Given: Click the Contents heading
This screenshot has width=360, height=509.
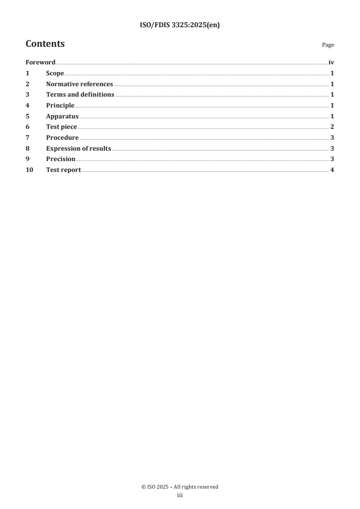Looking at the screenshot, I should [45, 44].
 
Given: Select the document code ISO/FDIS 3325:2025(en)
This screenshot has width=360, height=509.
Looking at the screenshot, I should [180, 25].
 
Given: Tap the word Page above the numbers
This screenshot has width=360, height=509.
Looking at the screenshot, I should [328, 45].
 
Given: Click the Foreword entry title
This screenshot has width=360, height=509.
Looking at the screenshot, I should [40, 63].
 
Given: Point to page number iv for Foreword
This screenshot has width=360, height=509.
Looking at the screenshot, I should [331, 63].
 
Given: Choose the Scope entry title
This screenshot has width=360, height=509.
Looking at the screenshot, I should [55, 73].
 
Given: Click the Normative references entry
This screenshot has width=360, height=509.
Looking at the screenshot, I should [79, 84].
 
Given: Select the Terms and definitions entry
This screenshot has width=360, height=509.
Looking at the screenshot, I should [80, 95].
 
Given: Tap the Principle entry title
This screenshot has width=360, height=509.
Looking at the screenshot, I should [60, 106].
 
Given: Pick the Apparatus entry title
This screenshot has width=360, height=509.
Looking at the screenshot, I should [62, 116].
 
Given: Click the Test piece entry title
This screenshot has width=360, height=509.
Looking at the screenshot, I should [62, 127].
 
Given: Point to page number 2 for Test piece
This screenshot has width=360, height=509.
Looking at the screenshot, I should [332, 127].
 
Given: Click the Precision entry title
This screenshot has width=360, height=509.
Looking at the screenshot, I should [61, 159].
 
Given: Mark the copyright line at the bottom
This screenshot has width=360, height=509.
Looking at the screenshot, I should [180, 487].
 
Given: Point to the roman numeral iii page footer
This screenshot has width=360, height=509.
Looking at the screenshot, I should [180, 495].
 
